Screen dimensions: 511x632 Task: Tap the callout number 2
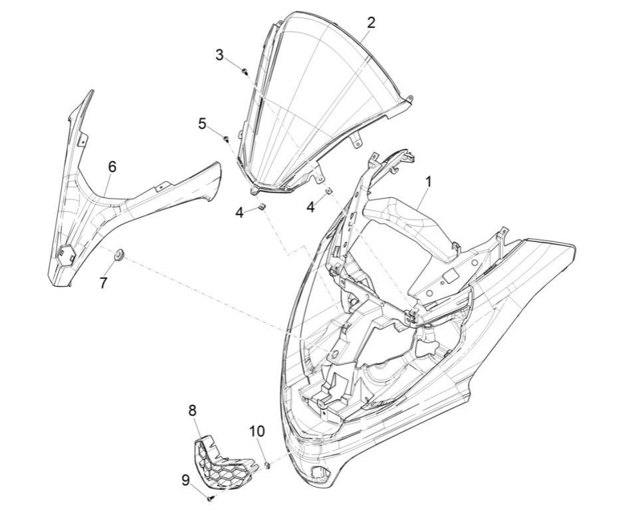(371, 22)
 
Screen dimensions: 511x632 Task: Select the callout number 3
(219, 54)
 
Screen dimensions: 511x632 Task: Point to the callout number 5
(203, 124)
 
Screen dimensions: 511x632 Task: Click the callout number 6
(112, 165)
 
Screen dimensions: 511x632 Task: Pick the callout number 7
(103, 282)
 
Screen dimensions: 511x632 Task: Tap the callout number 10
(257, 432)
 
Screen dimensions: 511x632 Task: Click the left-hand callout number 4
(239, 212)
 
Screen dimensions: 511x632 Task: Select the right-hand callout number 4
(310, 207)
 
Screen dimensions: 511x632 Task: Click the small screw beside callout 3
(245, 70)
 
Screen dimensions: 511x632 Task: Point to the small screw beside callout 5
(226, 138)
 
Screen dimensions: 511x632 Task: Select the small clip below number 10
(268, 464)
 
